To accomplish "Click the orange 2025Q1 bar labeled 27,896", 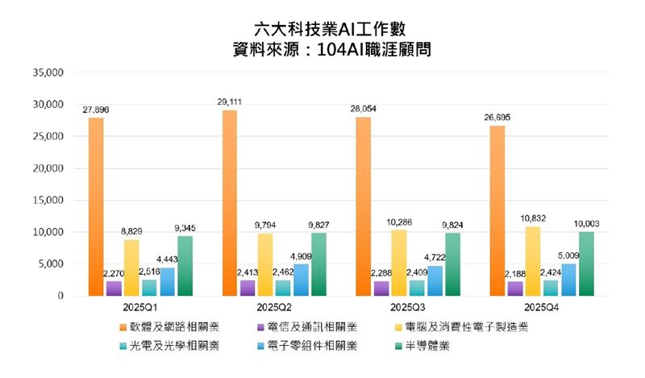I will pos(96,207).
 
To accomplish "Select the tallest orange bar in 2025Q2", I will pos(229,203).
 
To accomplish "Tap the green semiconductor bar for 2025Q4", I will pos(587,264).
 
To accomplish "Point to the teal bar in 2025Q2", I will pos(284,288).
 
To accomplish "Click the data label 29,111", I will pos(230,102).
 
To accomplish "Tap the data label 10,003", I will pos(587,224).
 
